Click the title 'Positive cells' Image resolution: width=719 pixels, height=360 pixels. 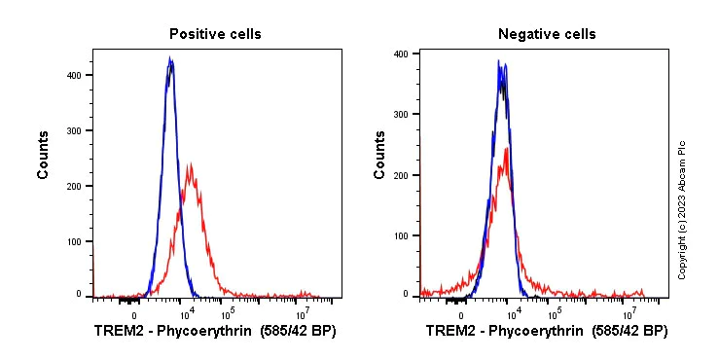pos(215,34)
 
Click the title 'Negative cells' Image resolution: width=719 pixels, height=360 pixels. pos(547,34)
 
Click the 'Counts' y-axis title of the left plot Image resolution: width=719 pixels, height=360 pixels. pos(44,157)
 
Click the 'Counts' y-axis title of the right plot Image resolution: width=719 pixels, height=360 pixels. pos(379,157)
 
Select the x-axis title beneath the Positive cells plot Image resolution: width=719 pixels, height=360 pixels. pos(215,332)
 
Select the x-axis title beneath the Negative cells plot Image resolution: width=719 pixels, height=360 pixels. pos(547,332)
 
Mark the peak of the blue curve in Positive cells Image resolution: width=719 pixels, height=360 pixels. pos(169,58)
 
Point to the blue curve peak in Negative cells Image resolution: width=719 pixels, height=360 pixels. pos(498,61)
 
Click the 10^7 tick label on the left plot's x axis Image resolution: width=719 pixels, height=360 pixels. pos(303,313)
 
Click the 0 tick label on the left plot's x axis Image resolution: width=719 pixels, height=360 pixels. pos(133,314)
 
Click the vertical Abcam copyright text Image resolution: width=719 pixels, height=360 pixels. pos(682,208)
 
